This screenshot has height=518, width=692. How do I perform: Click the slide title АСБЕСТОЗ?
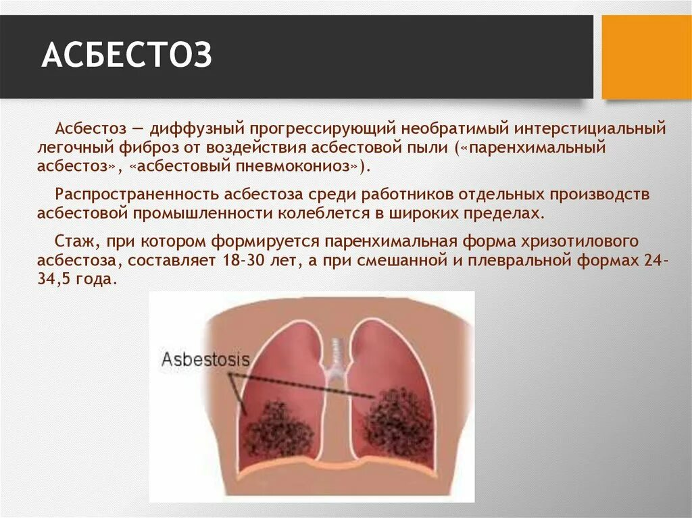click(127, 56)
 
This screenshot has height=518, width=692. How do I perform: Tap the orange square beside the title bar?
click(647, 57)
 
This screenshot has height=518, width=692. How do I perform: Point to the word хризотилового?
click(579, 242)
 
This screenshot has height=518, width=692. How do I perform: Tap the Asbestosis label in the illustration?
click(205, 359)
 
